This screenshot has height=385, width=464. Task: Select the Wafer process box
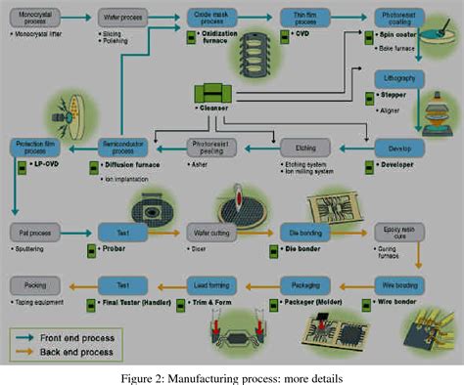pos(122,19)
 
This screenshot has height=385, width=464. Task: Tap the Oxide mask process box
pos(211,19)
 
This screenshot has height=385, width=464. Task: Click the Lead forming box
pos(211,285)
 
